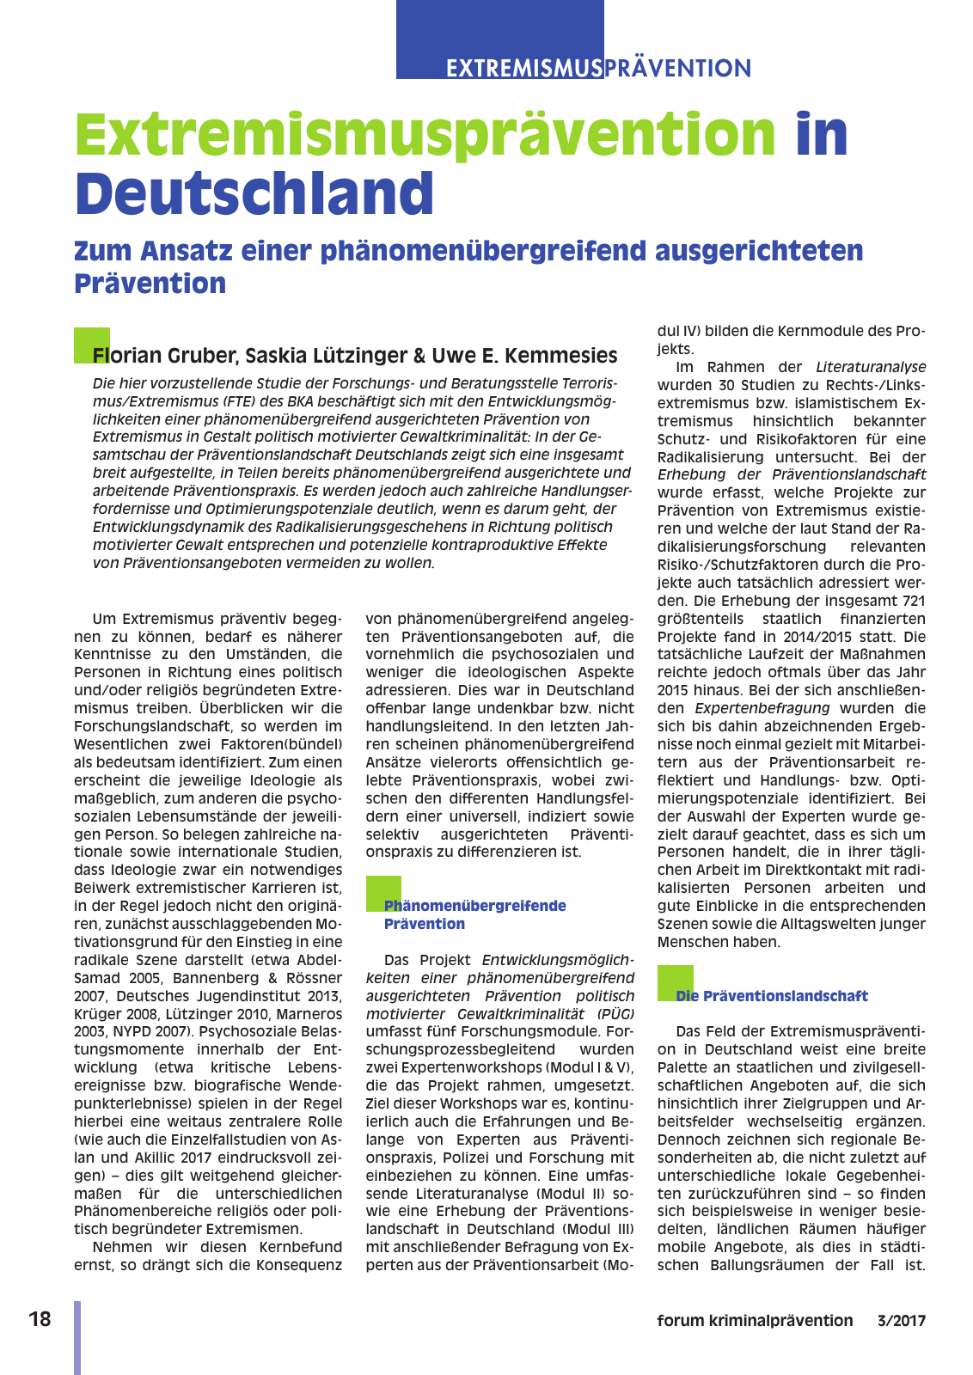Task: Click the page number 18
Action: coord(40,1319)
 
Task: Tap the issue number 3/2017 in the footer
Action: coord(902,1321)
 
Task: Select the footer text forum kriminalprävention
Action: coord(755,1321)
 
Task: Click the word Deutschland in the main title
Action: coord(254,194)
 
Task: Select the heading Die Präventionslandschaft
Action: coord(772,996)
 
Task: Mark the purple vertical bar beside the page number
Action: coord(77,1337)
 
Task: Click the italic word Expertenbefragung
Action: coord(762,708)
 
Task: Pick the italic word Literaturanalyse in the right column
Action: coord(871,367)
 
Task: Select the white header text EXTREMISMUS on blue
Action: coord(524,68)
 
